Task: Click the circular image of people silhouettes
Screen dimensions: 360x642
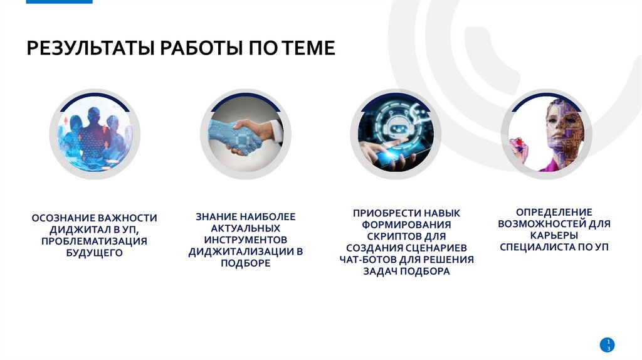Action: coord(95,134)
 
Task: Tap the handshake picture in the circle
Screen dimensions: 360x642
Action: coord(245,134)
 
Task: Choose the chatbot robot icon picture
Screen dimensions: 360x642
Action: coord(396,134)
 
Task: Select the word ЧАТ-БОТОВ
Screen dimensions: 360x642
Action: coord(367,260)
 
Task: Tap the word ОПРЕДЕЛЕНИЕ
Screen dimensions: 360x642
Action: coord(554,212)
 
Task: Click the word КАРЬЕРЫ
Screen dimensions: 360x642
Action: coord(554,235)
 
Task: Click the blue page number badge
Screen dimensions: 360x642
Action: coord(607,344)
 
